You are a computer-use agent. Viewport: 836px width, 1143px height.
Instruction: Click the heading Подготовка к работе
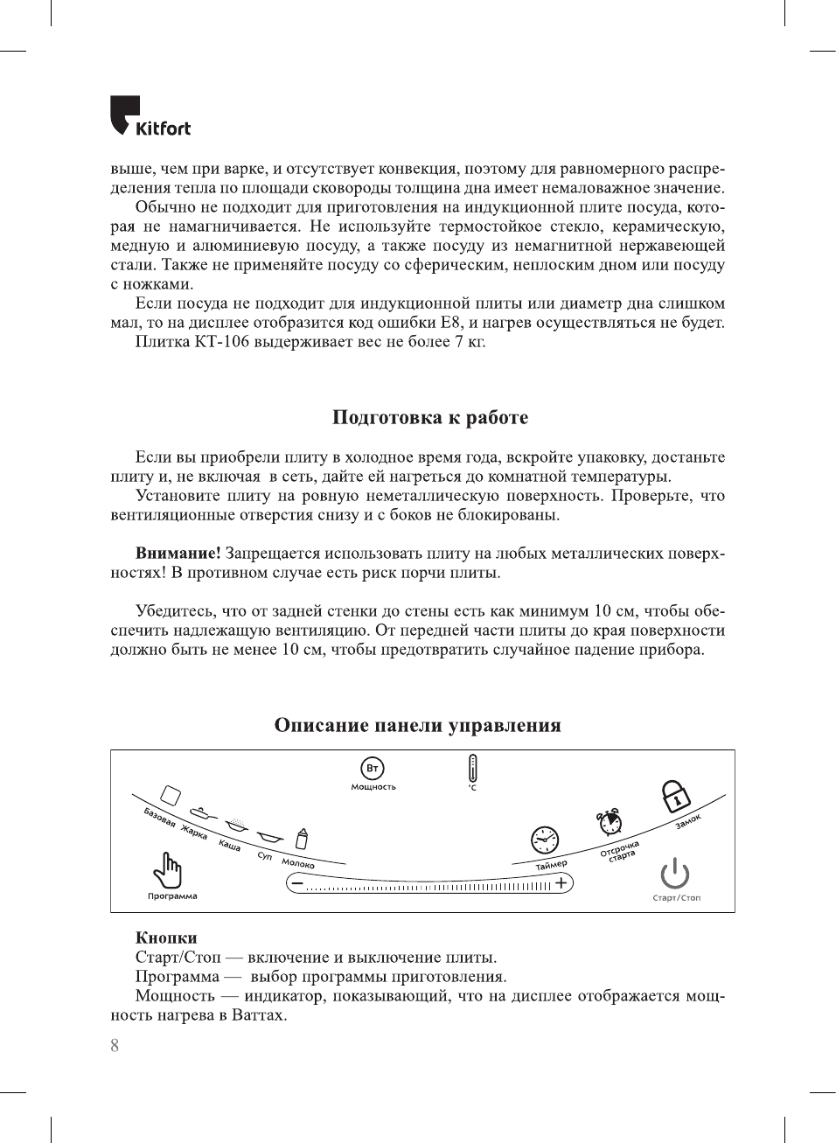[x=429, y=417]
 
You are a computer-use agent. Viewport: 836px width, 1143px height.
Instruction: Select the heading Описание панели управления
[x=417, y=725]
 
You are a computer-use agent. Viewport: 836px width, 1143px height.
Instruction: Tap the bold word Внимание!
[x=178, y=554]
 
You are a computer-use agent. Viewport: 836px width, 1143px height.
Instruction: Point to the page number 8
[x=115, y=1045]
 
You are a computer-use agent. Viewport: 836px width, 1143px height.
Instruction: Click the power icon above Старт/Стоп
[x=675, y=873]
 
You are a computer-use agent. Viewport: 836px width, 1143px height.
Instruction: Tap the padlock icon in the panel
[x=675, y=795]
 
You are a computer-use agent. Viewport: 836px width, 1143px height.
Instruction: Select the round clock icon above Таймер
[x=545, y=840]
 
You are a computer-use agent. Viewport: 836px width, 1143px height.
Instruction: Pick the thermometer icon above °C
[x=472, y=768]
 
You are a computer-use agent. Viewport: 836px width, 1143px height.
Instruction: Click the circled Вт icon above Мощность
[x=373, y=769]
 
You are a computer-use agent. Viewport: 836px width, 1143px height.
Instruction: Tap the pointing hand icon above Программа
[x=168, y=869]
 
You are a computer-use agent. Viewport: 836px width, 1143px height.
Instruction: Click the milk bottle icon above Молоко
[x=302, y=840]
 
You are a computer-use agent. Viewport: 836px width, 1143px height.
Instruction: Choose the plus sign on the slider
[x=561, y=883]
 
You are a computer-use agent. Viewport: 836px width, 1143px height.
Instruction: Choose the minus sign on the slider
[x=297, y=884]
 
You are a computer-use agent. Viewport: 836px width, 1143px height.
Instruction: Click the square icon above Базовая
[x=171, y=795]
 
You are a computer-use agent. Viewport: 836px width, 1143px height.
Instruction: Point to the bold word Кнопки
[x=166, y=937]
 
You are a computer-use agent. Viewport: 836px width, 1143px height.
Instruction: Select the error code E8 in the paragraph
[x=450, y=323]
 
